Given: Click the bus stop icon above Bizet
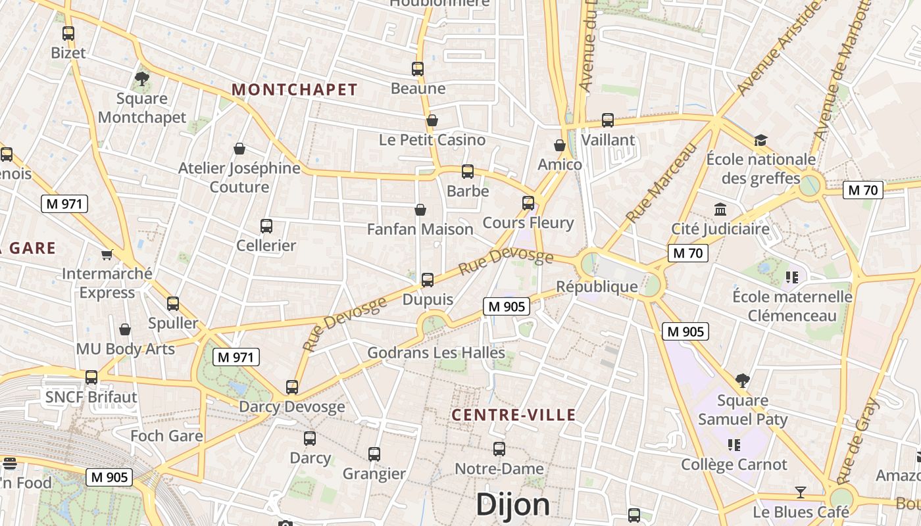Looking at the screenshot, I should (x=68, y=33).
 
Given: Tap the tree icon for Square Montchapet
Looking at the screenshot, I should (x=141, y=80).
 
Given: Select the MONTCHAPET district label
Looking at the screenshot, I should (x=295, y=89).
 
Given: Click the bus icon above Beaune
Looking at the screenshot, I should (x=418, y=68).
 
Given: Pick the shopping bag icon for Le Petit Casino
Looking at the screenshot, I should (x=432, y=120).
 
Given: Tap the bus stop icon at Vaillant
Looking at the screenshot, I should (x=608, y=120).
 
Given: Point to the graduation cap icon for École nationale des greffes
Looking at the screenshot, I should (x=760, y=140).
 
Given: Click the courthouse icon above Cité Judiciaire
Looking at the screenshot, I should (x=720, y=210).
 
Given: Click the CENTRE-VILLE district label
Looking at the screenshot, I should (x=514, y=415).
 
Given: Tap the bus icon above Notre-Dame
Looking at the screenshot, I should (x=499, y=449).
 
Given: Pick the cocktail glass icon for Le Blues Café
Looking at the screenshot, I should (x=800, y=492).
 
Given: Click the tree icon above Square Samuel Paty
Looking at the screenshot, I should (x=743, y=380).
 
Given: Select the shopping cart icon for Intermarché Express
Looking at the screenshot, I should (x=107, y=254).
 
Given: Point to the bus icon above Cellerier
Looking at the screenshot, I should (x=266, y=226).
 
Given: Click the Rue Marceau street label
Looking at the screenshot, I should (x=661, y=183).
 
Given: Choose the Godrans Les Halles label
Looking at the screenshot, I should (x=436, y=352).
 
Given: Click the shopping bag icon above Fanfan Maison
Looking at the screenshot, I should (x=420, y=210).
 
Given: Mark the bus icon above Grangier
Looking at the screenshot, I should (x=374, y=454).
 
